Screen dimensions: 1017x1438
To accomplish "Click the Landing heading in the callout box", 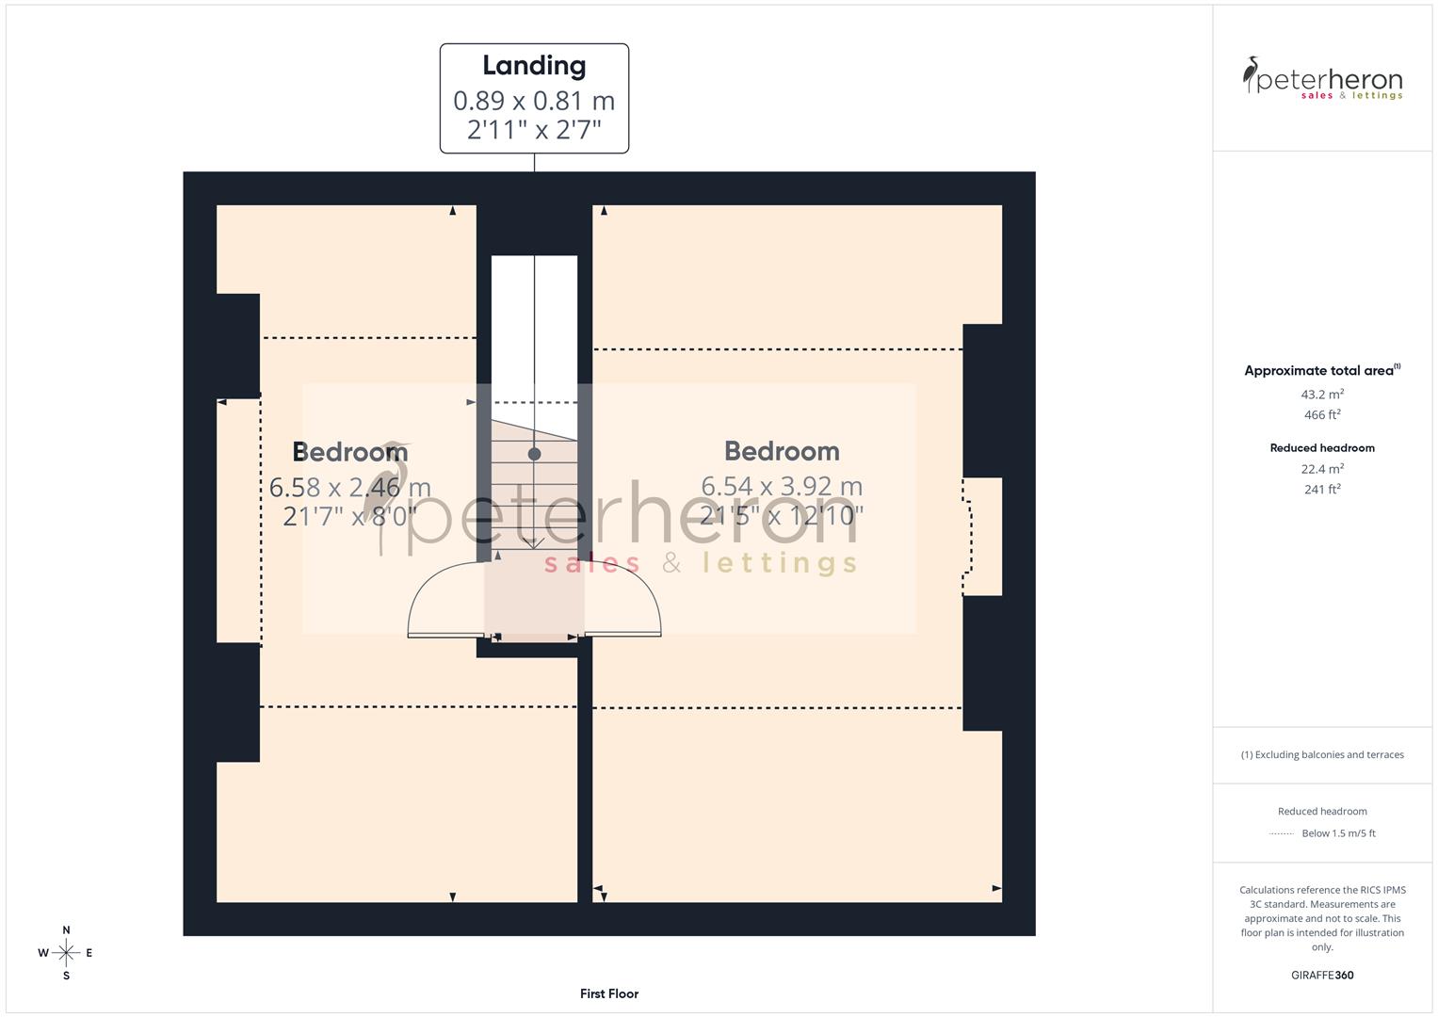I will [x=534, y=66].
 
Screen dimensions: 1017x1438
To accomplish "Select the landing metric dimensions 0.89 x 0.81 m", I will [x=534, y=101].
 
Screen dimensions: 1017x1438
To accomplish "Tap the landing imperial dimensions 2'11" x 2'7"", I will [x=534, y=129].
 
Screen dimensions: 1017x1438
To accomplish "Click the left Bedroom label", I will [x=349, y=452].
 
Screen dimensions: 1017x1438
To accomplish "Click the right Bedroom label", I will [x=782, y=451].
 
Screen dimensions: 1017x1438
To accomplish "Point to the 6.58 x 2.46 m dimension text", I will [x=349, y=487].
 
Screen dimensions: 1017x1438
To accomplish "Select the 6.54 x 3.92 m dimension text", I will [x=782, y=486].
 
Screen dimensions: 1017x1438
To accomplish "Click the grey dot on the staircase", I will [x=534, y=454].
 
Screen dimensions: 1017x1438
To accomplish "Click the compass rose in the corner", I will [x=66, y=953].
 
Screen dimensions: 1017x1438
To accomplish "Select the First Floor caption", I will [x=609, y=993].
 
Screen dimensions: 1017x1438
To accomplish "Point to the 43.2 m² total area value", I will [x=1322, y=395].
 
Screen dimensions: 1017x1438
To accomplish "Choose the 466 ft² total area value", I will [x=1322, y=414].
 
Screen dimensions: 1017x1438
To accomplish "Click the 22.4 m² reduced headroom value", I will [x=1322, y=469].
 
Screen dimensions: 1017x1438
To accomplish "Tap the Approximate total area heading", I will [x=1321, y=370].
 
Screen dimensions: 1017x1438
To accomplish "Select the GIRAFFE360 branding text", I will [x=1322, y=975].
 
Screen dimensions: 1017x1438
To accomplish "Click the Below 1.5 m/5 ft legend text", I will [x=1338, y=833].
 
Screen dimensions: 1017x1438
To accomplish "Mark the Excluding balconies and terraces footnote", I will [x=1322, y=754].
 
